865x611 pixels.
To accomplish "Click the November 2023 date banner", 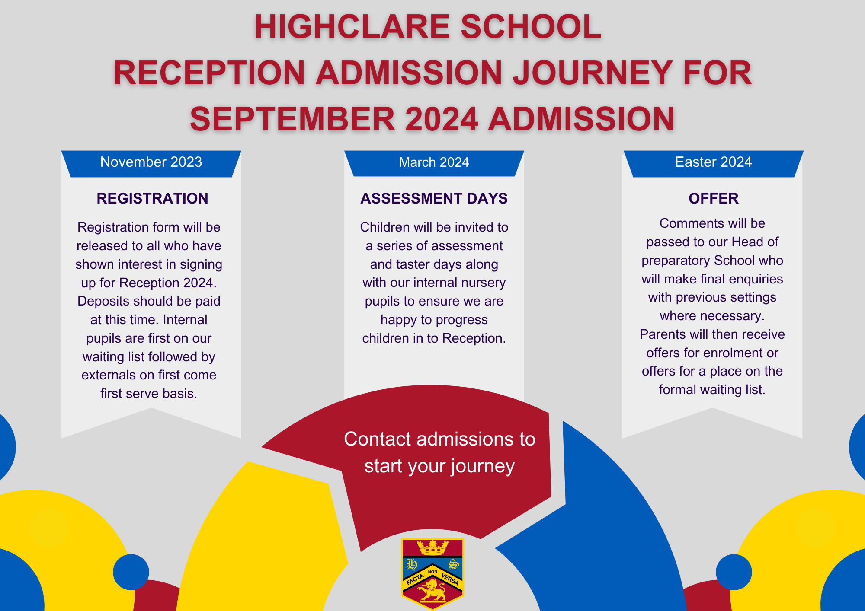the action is click(151, 164).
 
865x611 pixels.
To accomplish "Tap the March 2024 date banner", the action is click(434, 163).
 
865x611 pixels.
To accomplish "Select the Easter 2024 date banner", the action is click(714, 164).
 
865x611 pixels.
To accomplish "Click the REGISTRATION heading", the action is click(152, 198).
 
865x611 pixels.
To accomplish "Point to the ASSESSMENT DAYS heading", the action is click(434, 198).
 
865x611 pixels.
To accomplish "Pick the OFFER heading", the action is click(714, 198).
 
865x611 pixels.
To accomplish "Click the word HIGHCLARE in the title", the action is click(352, 27).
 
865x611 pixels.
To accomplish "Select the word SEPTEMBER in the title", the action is click(292, 119).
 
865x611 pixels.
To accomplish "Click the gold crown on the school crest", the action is click(432, 548).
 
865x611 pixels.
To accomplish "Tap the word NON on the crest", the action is click(432, 572).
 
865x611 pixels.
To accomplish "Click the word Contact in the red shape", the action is click(377, 439).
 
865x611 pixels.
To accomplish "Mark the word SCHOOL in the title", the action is click(531, 27).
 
